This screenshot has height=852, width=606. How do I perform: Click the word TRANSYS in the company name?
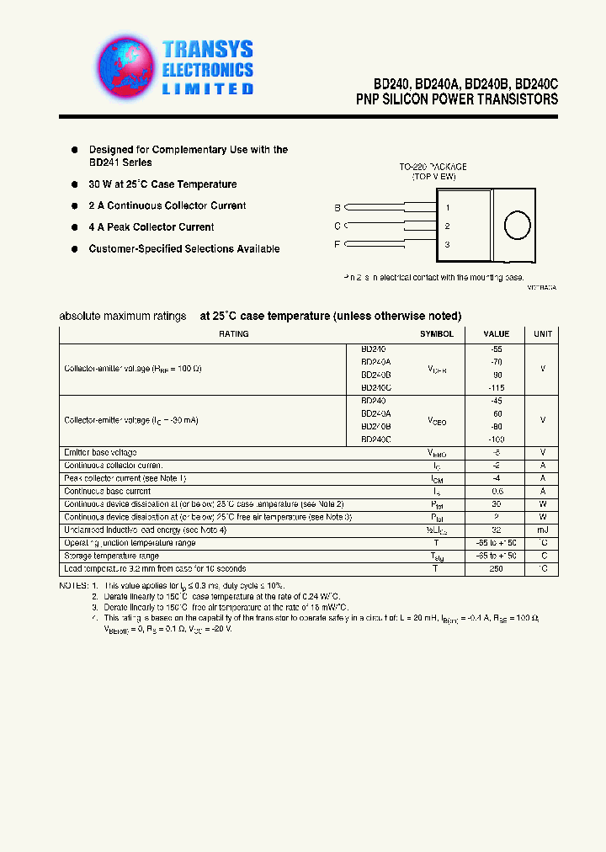click(x=207, y=50)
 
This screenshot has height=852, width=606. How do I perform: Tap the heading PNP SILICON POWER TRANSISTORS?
click(x=457, y=99)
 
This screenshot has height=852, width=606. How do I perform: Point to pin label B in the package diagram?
click(x=338, y=207)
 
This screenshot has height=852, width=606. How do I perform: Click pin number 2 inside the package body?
click(x=448, y=226)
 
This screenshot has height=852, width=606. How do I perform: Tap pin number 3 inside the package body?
click(x=448, y=244)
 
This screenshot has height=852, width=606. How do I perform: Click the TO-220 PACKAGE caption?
click(x=433, y=168)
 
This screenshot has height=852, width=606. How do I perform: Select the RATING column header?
click(x=233, y=334)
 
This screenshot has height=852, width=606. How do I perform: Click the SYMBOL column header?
click(x=437, y=334)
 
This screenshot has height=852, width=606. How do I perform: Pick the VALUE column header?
click(x=497, y=334)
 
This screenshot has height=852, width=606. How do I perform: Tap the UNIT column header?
click(x=543, y=334)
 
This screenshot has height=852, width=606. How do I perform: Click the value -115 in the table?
click(x=497, y=387)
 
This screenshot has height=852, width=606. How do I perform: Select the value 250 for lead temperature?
click(x=497, y=569)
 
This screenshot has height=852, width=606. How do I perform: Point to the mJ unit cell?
click(x=543, y=530)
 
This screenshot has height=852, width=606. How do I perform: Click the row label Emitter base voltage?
click(x=101, y=453)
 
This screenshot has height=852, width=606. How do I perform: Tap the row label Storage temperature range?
click(x=111, y=556)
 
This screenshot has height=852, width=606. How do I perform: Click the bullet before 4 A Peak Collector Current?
click(x=75, y=227)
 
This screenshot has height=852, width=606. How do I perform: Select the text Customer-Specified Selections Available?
click(x=184, y=249)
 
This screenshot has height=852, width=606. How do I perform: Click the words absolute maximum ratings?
click(x=123, y=317)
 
